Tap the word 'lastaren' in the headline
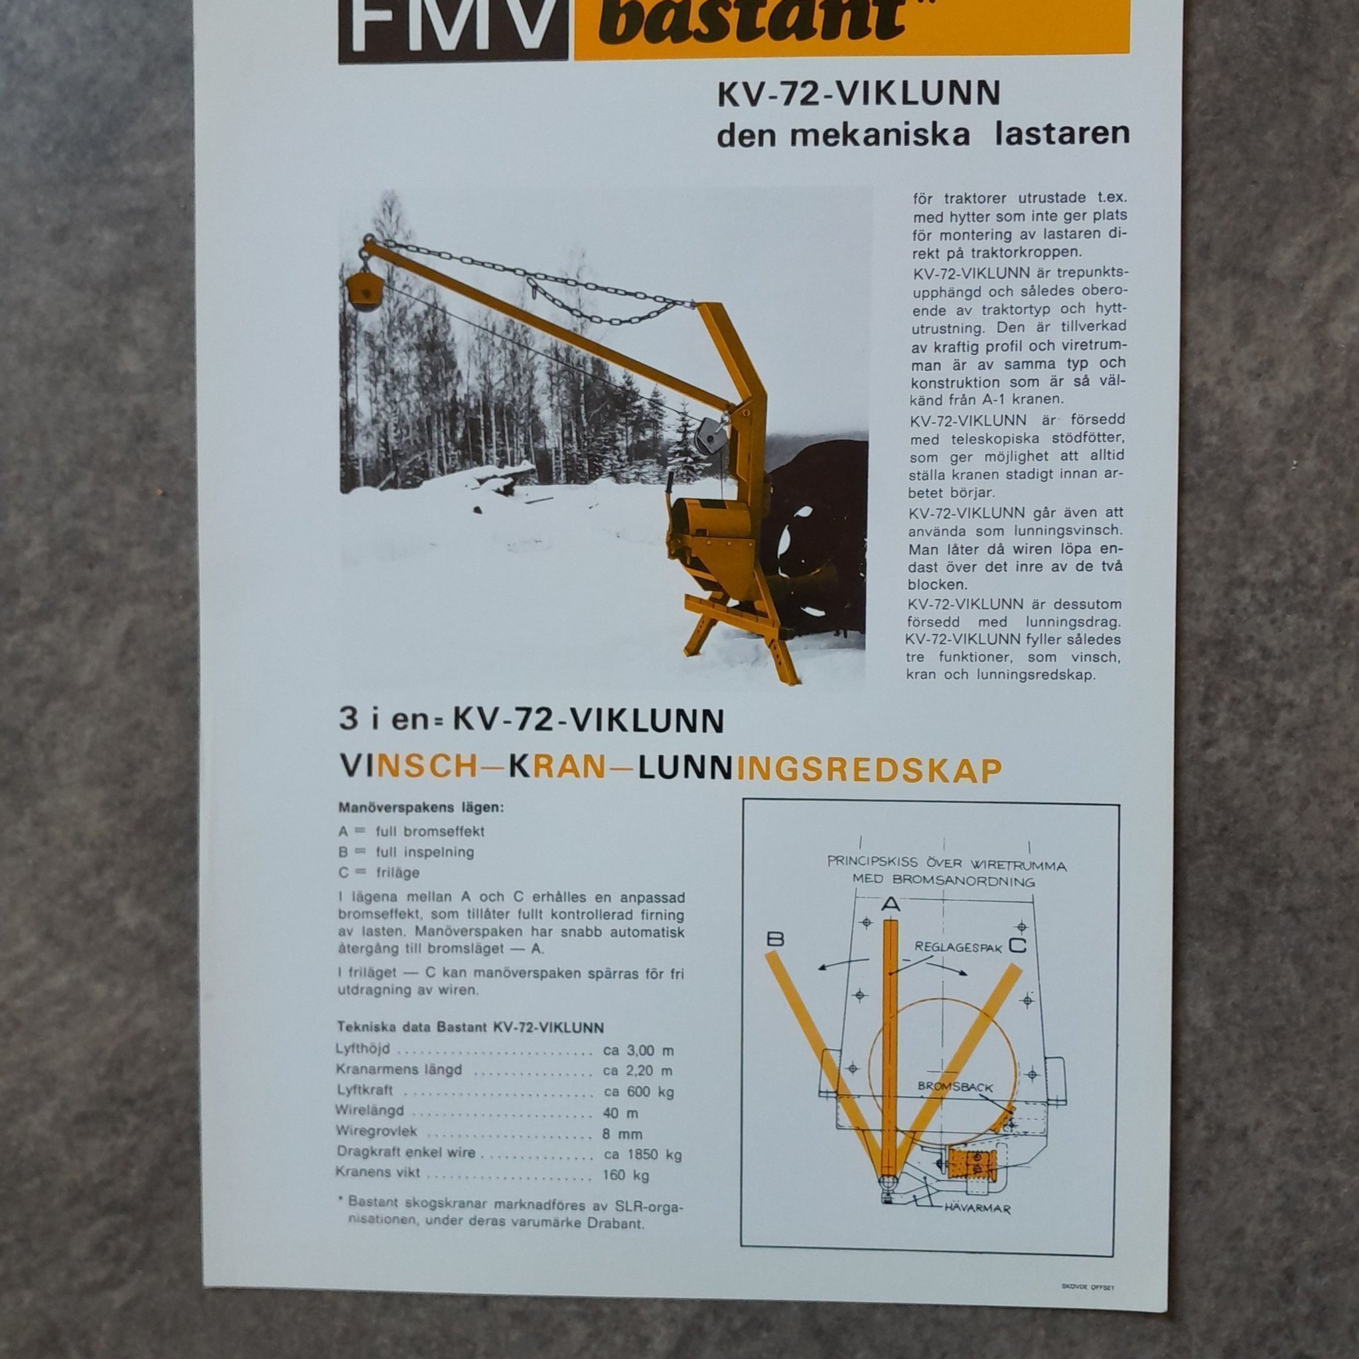tap(1062, 134)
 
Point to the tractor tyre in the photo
tap(816, 535)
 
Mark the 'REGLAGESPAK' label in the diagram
tap(958, 948)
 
